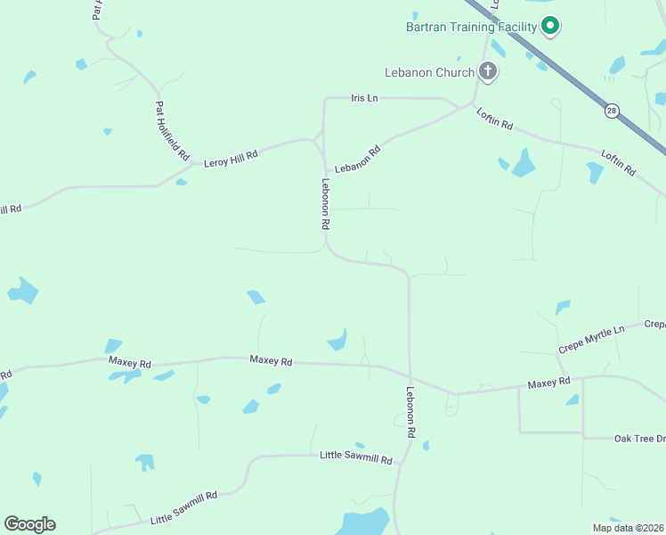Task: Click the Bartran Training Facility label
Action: coord(471,27)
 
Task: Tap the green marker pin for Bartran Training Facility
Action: coord(550,26)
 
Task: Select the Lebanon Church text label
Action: coord(429,71)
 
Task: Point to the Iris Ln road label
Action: coord(365,98)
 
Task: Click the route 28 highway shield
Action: coord(611,111)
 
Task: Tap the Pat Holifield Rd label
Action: coord(172,130)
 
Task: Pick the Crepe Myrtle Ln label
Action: coord(591,340)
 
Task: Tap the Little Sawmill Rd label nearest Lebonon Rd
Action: coord(356,457)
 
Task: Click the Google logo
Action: coord(29,524)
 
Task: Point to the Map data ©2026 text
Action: coord(628,528)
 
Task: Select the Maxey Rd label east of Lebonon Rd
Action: coord(548,383)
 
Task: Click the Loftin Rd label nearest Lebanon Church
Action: coord(495,119)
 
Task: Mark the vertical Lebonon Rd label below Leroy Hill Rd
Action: coord(326,204)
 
